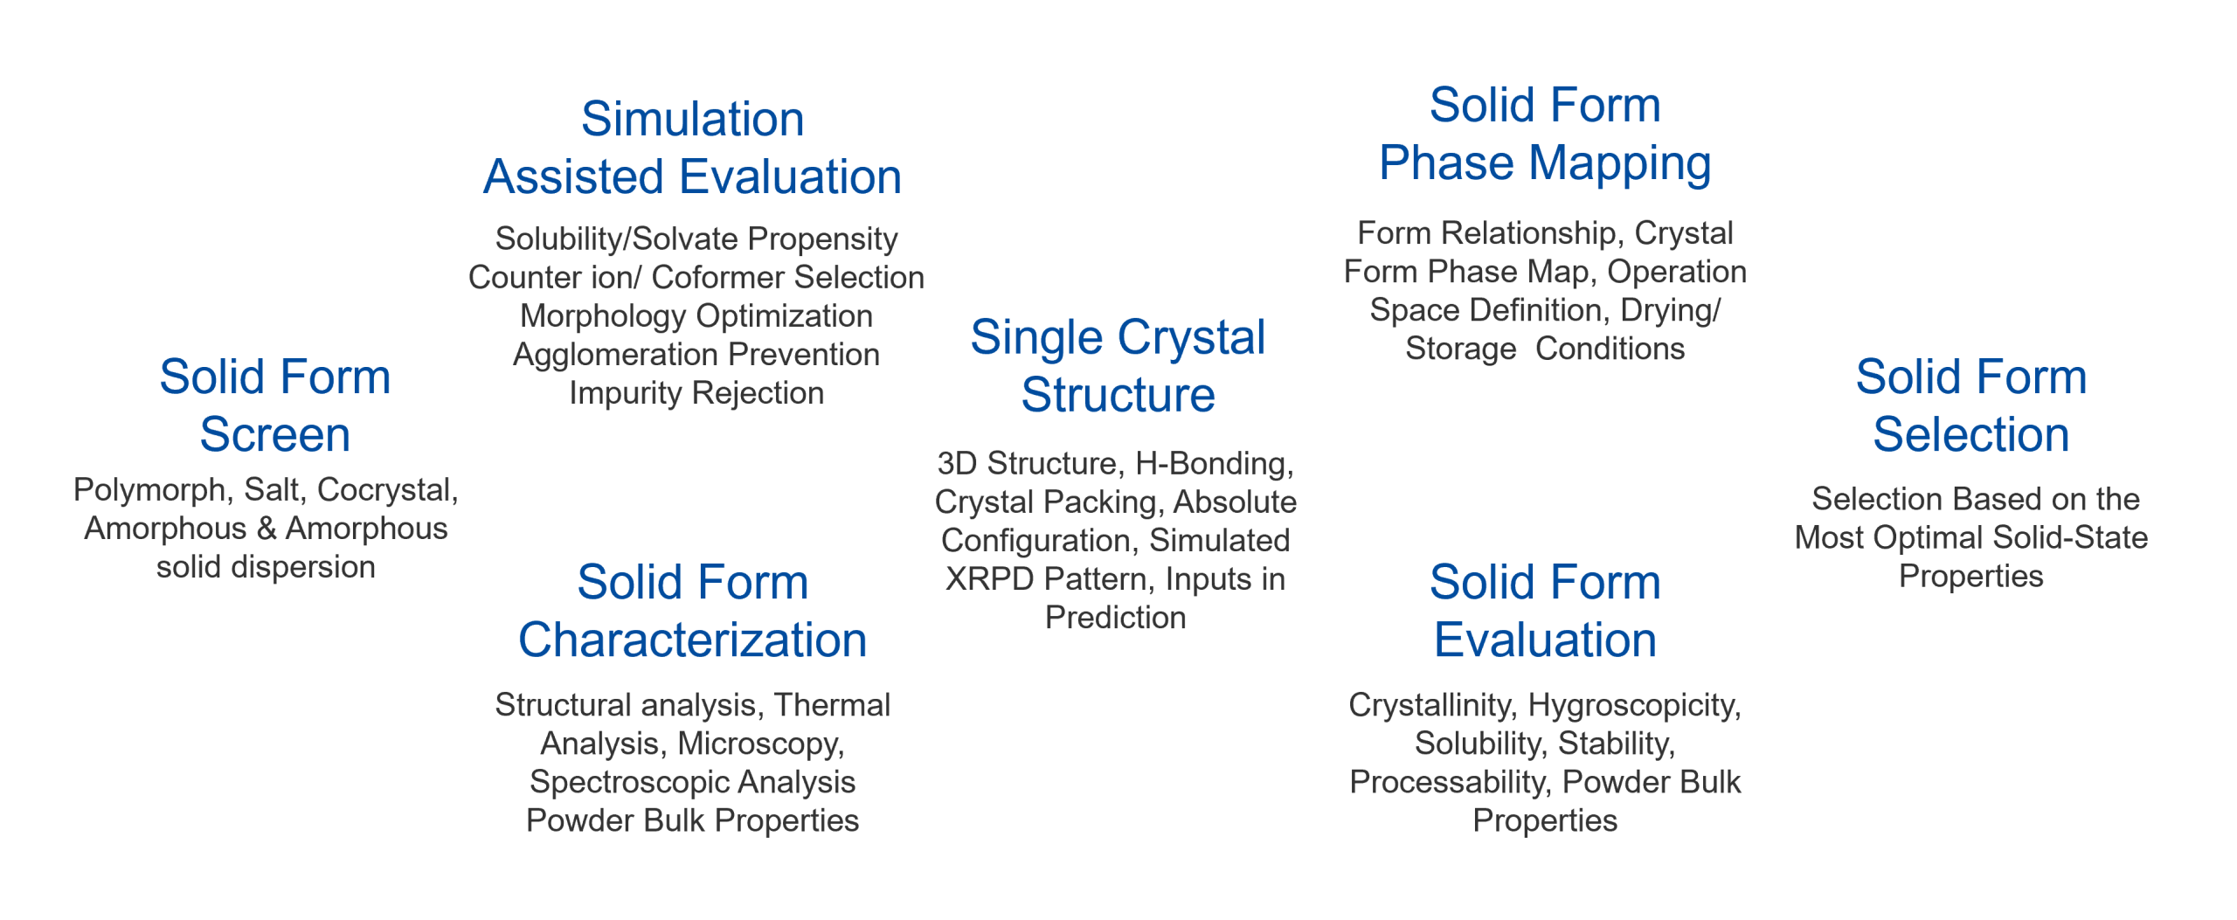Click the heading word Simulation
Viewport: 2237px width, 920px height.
click(x=692, y=119)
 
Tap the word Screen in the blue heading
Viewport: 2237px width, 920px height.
click(x=275, y=434)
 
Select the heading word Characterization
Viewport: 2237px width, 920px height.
click(x=693, y=640)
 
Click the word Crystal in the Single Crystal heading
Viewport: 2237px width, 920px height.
click(x=1191, y=337)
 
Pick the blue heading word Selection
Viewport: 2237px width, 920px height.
click(x=1971, y=434)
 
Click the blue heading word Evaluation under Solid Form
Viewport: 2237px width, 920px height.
click(x=1545, y=640)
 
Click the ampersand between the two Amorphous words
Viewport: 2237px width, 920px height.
click(x=267, y=529)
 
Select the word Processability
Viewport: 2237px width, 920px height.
click(x=1451, y=782)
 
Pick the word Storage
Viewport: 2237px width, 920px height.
click(x=1461, y=349)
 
